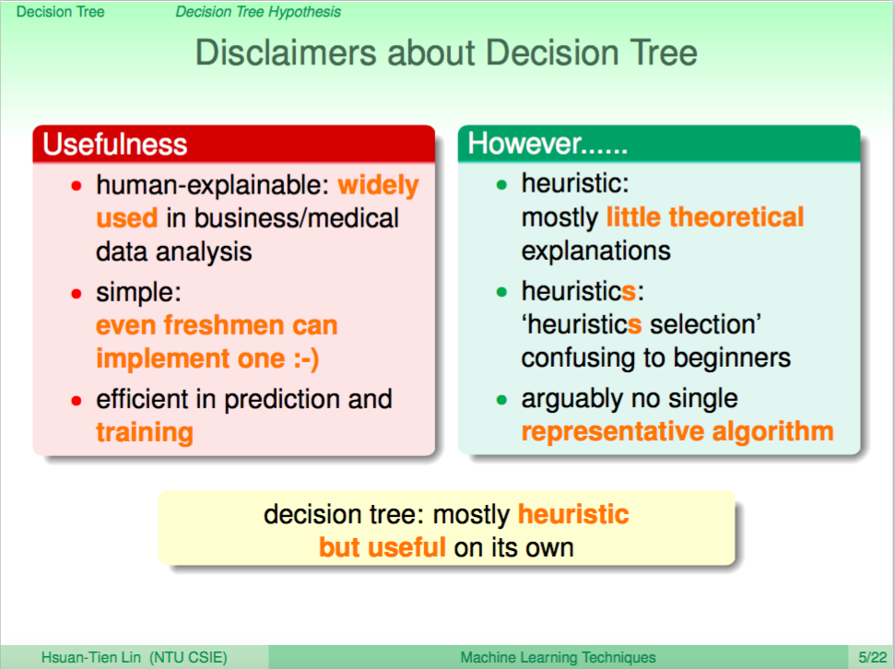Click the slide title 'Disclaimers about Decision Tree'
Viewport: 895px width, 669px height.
click(x=446, y=53)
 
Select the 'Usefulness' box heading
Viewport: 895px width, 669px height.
click(x=114, y=144)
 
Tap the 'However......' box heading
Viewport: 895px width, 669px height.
click(x=548, y=143)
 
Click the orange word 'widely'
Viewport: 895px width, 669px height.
click(x=378, y=185)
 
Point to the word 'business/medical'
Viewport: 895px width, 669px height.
click(x=296, y=218)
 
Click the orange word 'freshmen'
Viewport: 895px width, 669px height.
click(x=224, y=325)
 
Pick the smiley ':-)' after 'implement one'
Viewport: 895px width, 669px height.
click(x=306, y=359)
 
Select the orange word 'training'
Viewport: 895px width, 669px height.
click(x=145, y=433)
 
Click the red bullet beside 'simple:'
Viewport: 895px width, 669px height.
click(x=77, y=294)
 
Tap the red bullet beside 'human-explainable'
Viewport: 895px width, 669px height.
click(x=77, y=186)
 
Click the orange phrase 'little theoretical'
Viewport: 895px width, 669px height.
click(x=705, y=217)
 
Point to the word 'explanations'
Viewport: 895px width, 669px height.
click(x=596, y=252)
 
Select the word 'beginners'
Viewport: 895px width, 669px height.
click(x=733, y=358)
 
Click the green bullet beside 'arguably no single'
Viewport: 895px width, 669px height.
click(x=501, y=400)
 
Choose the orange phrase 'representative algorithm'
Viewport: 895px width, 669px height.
click(x=677, y=432)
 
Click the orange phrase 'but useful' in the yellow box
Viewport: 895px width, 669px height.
click(x=382, y=547)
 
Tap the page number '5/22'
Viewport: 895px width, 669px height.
click(x=873, y=658)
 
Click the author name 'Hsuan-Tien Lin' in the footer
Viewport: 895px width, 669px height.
click(x=90, y=658)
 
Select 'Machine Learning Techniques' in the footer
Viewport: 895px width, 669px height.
click(x=559, y=658)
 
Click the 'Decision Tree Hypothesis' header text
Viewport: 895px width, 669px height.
click(x=258, y=12)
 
